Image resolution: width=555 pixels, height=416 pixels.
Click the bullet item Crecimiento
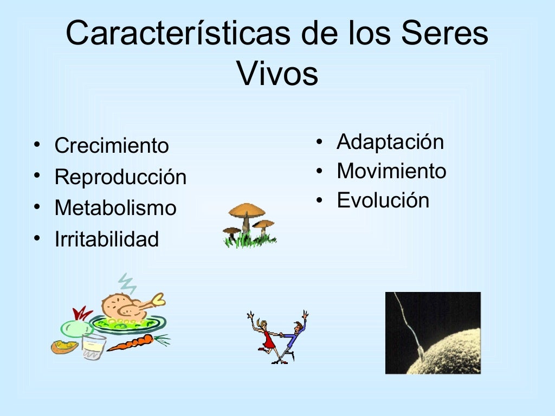pyautogui.click(x=112, y=146)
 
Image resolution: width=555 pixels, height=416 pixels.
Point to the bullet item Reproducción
pyautogui.click(x=120, y=177)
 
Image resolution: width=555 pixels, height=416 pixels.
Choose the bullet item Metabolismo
pyautogui.click(x=115, y=208)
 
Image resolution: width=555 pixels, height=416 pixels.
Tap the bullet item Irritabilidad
pyautogui.click(x=107, y=239)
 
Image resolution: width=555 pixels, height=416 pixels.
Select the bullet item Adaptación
pyautogui.click(x=390, y=142)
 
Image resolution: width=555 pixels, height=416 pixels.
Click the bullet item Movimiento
pyautogui.click(x=391, y=171)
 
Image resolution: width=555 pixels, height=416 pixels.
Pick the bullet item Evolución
pyautogui.click(x=383, y=200)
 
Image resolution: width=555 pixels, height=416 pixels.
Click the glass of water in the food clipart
pyautogui.click(x=94, y=346)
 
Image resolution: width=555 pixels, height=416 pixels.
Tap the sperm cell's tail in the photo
pyautogui.click(x=406, y=320)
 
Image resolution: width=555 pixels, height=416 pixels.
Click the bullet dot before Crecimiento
pyautogui.click(x=36, y=145)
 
